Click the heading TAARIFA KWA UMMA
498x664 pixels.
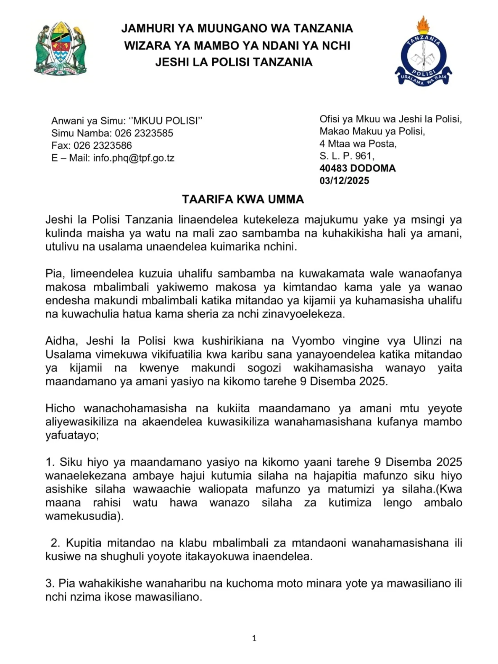click(x=243, y=200)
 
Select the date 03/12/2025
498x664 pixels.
click(x=344, y=181)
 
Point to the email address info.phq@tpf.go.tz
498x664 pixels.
click(x=133, y=158)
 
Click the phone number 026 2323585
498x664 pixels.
click(x=144, y=133)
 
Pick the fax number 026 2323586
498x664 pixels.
click(x=103, y=146)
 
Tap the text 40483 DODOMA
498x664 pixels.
click(x=357, y=168)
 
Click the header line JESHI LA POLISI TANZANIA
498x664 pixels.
click(x=234, y=62)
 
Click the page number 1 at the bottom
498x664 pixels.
click(x=254, y=638)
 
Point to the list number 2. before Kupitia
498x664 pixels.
click(x=55, y=543)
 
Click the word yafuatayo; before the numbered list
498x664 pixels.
click(x=72, y=435)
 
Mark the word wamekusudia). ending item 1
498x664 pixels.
click(x=84, y=516)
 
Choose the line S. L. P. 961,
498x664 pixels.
click(x=347, y=156)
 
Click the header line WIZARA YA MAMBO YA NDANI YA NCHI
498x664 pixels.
click(x=237, y=45)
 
